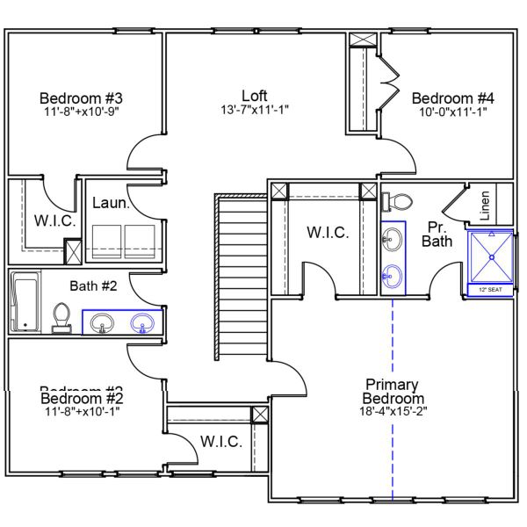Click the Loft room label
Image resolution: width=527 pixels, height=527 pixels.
255,95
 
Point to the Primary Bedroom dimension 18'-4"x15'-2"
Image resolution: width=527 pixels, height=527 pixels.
392,411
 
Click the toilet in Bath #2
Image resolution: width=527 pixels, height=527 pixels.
61,317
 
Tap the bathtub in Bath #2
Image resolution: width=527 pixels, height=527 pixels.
25,301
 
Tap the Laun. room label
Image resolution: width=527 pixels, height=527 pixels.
111,204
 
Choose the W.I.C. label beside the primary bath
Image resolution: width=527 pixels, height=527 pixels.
328,233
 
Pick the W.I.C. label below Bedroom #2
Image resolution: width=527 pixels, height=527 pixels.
220,442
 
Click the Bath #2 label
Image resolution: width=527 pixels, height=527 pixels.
100,285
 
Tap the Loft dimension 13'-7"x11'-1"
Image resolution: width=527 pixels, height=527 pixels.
255,110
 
